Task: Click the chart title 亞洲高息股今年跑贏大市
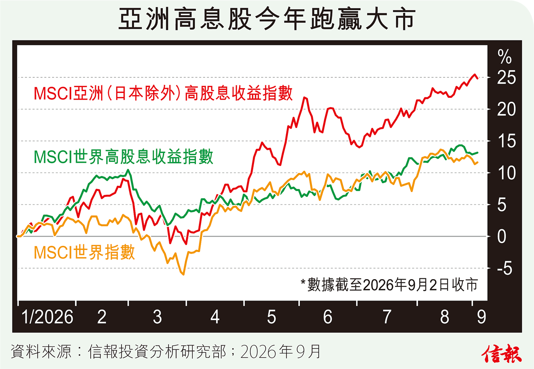[267, 19]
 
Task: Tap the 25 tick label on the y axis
[506, 78]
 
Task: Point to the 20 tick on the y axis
[506, 109]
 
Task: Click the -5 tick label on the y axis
[505, 269]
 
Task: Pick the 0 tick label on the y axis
[502, 237]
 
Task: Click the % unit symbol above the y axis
[505, 57]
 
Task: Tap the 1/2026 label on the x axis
[47, 317]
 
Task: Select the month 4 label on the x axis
[215, 317]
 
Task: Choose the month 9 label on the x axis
[481, 317]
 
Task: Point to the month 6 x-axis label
[328, 317]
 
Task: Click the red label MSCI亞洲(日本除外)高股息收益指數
[163, 93]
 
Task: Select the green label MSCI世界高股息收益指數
[124, 157]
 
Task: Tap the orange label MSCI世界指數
[85, 253]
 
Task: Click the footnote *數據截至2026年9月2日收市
[389, 285]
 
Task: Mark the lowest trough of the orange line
[183, 274]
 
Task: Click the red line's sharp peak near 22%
[304, 97]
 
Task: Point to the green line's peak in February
[128, 170]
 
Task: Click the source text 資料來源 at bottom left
[41, 351]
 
